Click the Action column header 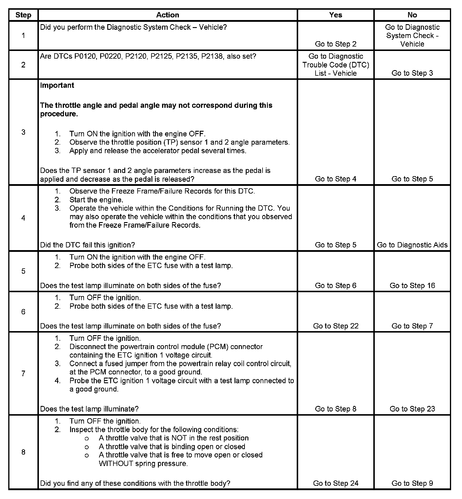click(x=167, y=15)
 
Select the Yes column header click(x=336, y=15)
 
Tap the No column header click(x=412, y=15)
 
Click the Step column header click(x=23, y=15)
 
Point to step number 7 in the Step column click(x=23, y=374)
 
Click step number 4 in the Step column click(x=23, y=218)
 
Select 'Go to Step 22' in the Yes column click(x=336, y=326)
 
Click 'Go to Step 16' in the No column click(x=412, y=285)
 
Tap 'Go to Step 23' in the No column click(x=412, y=409)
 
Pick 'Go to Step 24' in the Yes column click(x=336, y=483)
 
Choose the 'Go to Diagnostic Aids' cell click(x=412, y=245)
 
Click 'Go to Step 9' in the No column click(x=412, y=483)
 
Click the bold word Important click(x=57, y=85)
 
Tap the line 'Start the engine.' click(x=96, y=200)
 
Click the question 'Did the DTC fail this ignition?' click(x=88, y=245)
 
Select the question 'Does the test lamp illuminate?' click(x=89, y=409)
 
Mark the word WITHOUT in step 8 click(x=116, y=464)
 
